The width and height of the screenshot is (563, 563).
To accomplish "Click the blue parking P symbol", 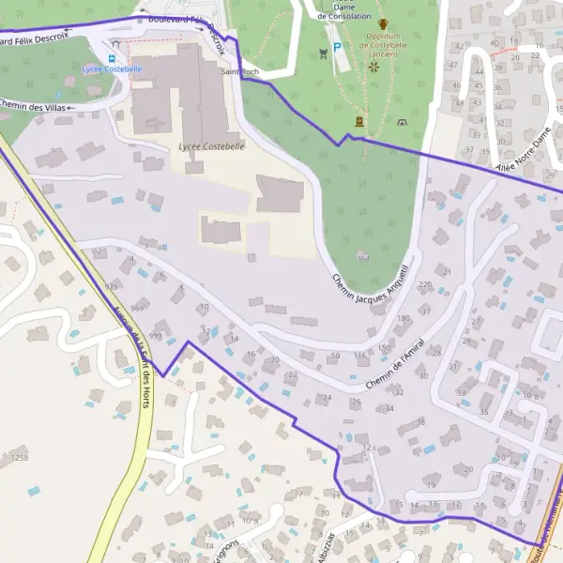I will point(338,47).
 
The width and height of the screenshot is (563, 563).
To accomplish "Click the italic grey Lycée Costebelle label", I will point(211,146).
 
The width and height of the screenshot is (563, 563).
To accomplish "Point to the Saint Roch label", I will point(238,71).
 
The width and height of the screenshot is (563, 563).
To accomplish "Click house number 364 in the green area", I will point(363,258).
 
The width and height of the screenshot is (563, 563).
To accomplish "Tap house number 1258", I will point(20,457).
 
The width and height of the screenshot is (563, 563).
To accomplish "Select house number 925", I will point(113,286).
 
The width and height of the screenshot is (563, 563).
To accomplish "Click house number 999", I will point(156,335).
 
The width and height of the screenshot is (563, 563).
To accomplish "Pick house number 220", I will point(425,284).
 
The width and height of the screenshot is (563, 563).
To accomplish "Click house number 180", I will point(404,319).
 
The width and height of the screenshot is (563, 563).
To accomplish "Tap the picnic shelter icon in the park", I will point(403,122).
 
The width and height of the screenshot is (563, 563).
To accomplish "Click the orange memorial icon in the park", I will point(359,121).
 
